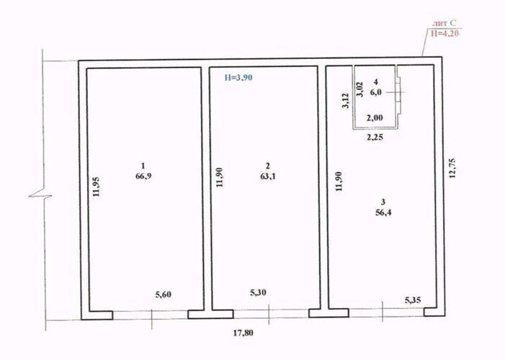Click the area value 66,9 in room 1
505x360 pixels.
(143, 176)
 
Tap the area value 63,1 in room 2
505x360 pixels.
(268, 176)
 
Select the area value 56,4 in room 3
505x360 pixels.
(383, 212)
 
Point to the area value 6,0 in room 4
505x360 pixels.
(376, 92)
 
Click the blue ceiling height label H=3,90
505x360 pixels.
(238, 78)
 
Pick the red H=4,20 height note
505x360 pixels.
(444, 33)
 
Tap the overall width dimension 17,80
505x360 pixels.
(243, 333)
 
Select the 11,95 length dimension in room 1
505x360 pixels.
(96, 186)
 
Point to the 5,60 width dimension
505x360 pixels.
(164, 294)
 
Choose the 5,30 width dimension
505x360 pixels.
(259, 293)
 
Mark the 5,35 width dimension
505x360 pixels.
(413, 300)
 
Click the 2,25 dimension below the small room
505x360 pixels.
(375, 138)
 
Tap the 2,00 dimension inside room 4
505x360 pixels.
(375, 118)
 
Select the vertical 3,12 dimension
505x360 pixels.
(345, 101)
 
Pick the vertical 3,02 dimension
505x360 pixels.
(359, 89)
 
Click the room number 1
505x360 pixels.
(143, 166)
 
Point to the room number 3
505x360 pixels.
(383, 202)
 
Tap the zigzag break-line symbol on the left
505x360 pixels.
(40, 195)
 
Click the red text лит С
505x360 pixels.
(444, 23)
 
